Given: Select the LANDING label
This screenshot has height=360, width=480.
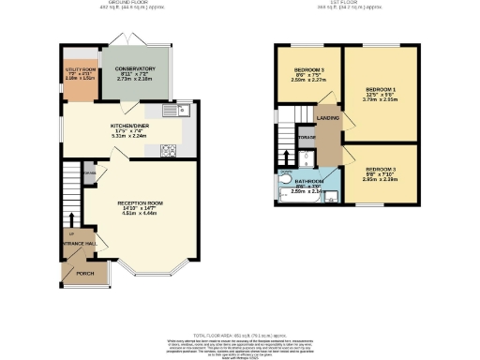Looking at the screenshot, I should (328, 117).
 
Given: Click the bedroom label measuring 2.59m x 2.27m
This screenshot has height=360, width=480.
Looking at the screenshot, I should (309, 71).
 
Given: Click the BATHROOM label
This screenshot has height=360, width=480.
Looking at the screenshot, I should (309, 180).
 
